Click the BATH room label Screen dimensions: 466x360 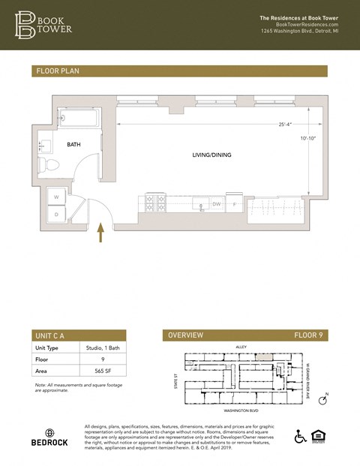(x=73, y=144)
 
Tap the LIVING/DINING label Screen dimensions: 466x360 (x=211, y=155)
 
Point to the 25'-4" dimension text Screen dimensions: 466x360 (x=285, y=125)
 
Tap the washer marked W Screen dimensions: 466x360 (x=55, y=197)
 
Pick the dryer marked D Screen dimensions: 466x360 (x=55, y=215)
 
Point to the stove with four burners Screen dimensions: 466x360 (x=154, y=203)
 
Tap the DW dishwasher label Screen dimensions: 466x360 (x=216, y=203)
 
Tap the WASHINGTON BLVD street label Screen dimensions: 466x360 (x=241, y=411)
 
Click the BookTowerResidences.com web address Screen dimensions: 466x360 (x=307, y=24)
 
